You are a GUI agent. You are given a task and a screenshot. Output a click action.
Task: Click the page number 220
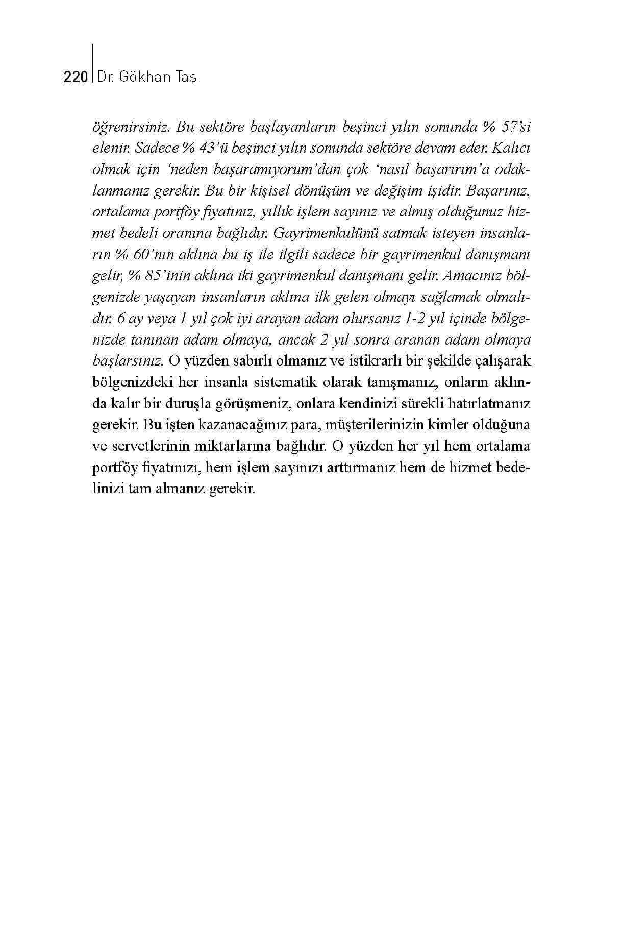tap(76, 78)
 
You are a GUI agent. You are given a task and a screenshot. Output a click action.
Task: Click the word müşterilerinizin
tap(384, 425)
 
